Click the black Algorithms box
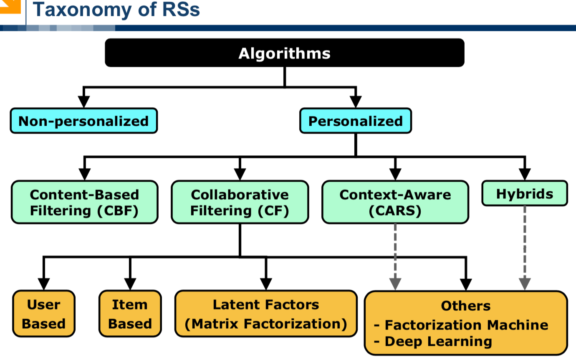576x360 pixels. click(285, 53)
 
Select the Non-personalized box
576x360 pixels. click(84, 121)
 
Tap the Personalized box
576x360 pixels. click(356, 121)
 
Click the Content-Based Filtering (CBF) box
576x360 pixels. click(85, 202)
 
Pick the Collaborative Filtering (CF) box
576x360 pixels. click(240, 202)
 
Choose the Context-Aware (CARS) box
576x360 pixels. click(395, 202)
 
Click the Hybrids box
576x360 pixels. click(525, 193)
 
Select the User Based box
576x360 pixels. click(44, 314)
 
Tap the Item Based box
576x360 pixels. click(130, 314)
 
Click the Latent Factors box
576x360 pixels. click(266, 314)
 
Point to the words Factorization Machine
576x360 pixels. click(467, 325)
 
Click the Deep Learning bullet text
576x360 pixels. click(438, 342)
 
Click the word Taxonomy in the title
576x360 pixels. click(82, 10)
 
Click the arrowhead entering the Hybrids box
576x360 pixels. click(525, 175)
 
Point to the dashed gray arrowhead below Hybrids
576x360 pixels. click(525, 284)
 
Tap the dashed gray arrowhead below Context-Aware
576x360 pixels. click(395, 284)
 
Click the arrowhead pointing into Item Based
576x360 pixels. click(130, 284)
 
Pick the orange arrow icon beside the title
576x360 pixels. click(10, 6)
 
